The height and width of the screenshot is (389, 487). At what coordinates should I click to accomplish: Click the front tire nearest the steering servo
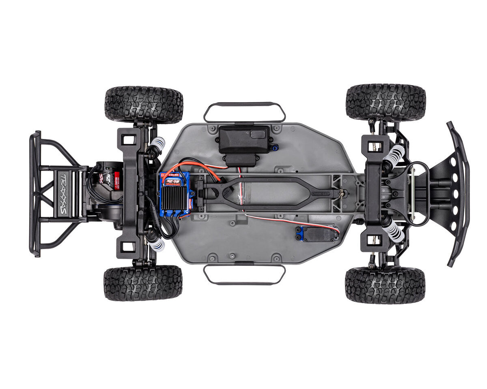tap(385, 285)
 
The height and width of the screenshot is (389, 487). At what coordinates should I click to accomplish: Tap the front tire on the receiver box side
tap(386, 103)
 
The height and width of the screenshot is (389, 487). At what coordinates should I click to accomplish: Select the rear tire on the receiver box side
tap(144, 104)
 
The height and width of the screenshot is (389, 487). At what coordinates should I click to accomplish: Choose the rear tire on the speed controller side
tap(143, 283)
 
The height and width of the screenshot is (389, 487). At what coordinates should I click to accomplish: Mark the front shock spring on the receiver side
tap(394, 154)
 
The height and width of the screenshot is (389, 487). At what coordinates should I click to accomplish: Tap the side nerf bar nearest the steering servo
tap(244, 275)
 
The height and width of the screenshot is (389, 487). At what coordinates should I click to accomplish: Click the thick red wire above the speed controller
tap(191, 165)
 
